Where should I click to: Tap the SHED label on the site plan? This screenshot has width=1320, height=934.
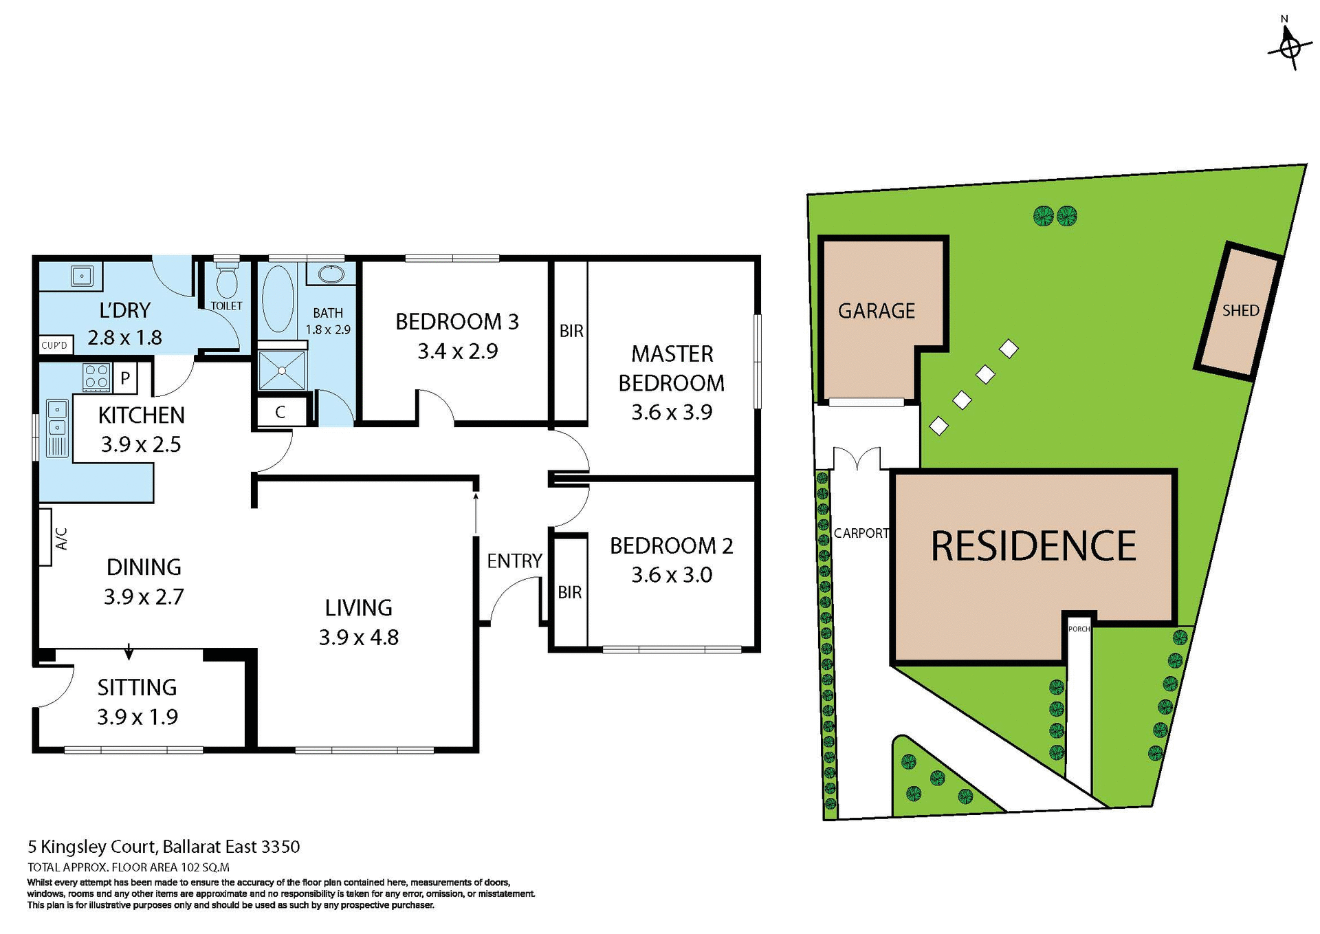tap(1240, 311)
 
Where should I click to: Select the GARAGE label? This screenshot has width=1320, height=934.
tap(876, 311)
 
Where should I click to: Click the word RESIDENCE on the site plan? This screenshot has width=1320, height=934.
tap(1033, 547)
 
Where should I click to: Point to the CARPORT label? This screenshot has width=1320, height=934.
tap(861, 533)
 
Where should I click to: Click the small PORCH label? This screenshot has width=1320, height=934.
tap(1079, 629)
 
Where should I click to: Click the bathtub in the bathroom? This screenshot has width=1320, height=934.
tap(278, 299)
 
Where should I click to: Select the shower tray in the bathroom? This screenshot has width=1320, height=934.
tap(282, 371)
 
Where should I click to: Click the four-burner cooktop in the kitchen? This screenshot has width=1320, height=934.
tap(96, 377)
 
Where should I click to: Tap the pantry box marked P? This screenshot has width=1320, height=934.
tap(125, 378)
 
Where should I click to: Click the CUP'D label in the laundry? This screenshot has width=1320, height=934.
tap(54, 345)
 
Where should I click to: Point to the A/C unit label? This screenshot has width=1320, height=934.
tap(60, 539)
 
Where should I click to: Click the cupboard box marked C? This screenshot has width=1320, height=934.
tap(280, 412)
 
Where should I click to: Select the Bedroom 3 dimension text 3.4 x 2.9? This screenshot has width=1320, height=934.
tap(457, 351)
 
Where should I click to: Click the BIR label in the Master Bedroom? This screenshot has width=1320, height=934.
tap(571, 331)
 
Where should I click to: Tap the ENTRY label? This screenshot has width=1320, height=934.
tap(514, 561)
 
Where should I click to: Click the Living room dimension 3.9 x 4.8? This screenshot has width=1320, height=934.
tap(358, 638)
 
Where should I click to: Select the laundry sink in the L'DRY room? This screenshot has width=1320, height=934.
tap(82, 276)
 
